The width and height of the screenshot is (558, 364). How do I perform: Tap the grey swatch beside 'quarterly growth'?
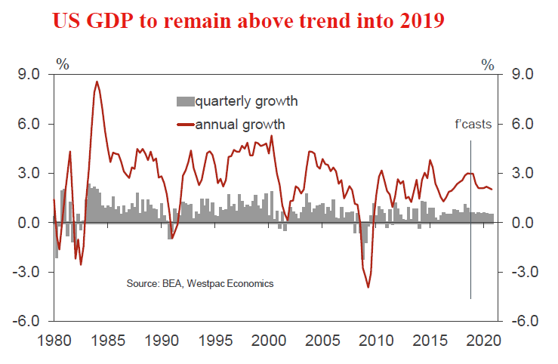pyautogui.click(x=185, y=101)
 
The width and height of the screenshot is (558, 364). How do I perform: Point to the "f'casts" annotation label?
pyautogui.click(x=473, y=125)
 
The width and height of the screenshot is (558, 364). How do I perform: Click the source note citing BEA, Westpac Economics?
pyautogui.click(x=200, y=284)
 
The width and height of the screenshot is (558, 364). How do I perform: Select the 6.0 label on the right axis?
pyautogui.click(x=523, y=125)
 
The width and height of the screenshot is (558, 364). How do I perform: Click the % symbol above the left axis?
pyautogui.click(x=63, y=63)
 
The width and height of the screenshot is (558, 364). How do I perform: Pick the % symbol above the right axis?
pyautogui.click(x=488, y=63)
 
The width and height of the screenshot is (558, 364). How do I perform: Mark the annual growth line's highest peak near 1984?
pyautogui.click(x=97, y=82)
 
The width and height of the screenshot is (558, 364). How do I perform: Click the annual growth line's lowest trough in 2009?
pyautogui.click(x=368, y=287)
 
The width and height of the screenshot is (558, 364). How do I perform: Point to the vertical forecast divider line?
pyautogui.click(x=470, y=227)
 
